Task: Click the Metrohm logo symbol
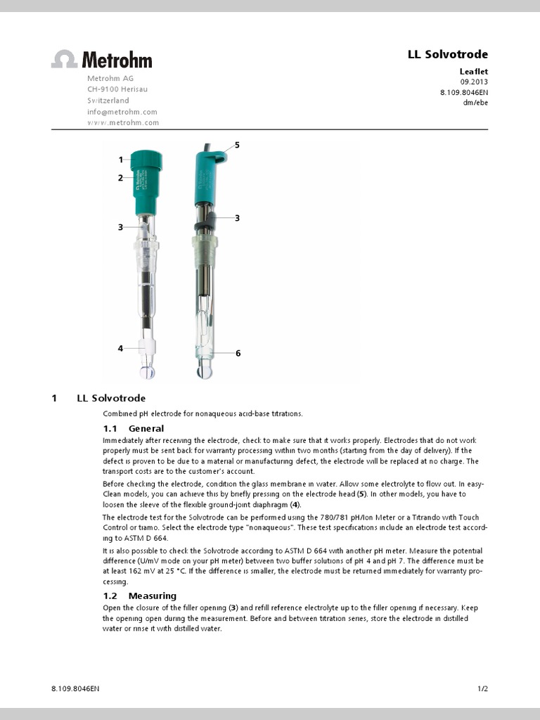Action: tap(64, 59)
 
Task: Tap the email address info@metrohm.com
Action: tap(122, 112)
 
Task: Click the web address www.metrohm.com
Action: tap(122, 122)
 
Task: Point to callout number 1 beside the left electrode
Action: tap(121, 160)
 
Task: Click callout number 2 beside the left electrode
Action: tap(121, 178)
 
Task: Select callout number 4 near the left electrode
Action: tap(121, 348)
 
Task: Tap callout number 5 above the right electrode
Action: tap(237, 145)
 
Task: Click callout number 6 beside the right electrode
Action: tap(238, 353)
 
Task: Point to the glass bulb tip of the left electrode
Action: tap(148, 370)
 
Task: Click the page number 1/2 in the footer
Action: tap(482, 689)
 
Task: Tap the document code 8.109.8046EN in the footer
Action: tap(75, 689)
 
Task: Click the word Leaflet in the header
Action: tap(473, 71)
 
